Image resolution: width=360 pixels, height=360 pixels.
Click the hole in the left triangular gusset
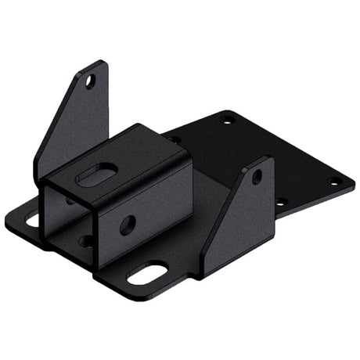coord(90,81)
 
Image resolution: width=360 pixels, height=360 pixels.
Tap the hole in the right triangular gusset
coord(257,177)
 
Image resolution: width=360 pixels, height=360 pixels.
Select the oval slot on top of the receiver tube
coord(99,175)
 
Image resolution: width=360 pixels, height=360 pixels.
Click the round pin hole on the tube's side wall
coord(128,225)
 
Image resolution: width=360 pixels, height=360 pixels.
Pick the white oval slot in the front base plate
coord(147,274)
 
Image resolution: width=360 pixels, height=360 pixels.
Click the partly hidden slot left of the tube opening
coord(33,220)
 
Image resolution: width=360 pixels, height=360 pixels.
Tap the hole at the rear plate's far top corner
coord(229,120)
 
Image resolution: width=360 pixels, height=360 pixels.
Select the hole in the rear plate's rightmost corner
coord(335,182)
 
